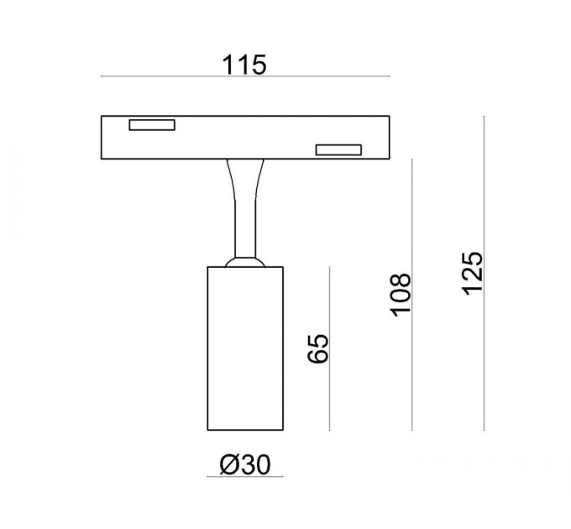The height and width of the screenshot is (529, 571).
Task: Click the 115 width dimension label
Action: (x=244, y=65)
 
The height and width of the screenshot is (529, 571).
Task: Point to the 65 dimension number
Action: (x=318, y=348)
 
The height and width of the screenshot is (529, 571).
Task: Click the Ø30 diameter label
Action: (x=245, y=465)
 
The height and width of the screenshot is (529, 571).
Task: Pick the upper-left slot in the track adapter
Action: (x=152, y=125)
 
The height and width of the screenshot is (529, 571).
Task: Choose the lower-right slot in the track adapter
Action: (x=338, y=150)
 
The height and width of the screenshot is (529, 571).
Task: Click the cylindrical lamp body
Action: (x=245, y=348)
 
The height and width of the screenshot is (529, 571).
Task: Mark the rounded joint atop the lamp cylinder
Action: (x=245, y=262)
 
